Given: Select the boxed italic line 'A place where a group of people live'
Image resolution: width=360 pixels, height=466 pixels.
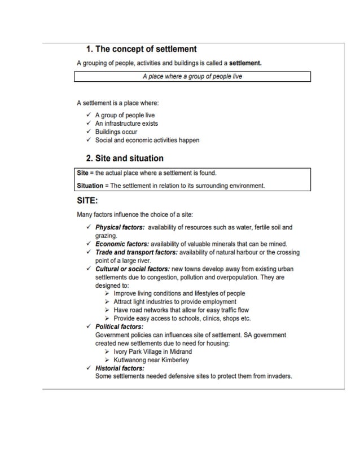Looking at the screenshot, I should pyautogui.click(x=192, y=76).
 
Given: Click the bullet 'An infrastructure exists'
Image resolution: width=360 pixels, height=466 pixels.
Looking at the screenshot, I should pyautogui.click(x=126, y=124).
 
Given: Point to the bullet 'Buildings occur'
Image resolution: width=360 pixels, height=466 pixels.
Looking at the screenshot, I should pyautogui.click(x=116, y=132).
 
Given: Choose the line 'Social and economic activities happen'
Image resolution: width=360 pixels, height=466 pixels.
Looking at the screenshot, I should pyautogui.click(x=147, y=140).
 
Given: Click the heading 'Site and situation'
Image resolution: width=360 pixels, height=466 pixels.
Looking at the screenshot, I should pyautogui.click(x=129, y=159).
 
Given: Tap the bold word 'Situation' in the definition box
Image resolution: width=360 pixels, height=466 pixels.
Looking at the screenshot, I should pyautogui.click(x=90, y=186).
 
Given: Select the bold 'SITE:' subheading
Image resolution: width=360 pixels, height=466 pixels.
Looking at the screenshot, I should pyautogui.click(x=87, y=200).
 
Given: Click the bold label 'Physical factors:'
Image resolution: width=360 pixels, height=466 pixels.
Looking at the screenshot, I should pyautogui.click(x=120, y=228).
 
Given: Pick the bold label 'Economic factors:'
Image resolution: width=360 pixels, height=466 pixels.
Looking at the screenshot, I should pyautogui.click(x=121, y=244).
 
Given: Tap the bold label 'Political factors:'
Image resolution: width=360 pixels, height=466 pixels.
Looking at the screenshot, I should pyautogui.click(x=119, y=327).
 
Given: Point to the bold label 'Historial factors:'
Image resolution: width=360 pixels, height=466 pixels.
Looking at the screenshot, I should pyautogui.click(x=120, y=368).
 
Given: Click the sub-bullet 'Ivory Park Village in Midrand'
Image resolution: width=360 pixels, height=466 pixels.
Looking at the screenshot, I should pyautogui.click(x=152, y=351).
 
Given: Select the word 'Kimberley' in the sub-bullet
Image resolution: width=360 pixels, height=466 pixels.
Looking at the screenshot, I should pyautogui.click(x=175, y=360).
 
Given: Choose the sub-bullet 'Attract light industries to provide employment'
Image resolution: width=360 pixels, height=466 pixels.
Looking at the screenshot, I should pyautogui.click(x=175, y=302).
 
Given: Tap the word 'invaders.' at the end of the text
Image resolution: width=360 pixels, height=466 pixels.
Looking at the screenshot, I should pyautogui.click(x=279, y=376).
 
